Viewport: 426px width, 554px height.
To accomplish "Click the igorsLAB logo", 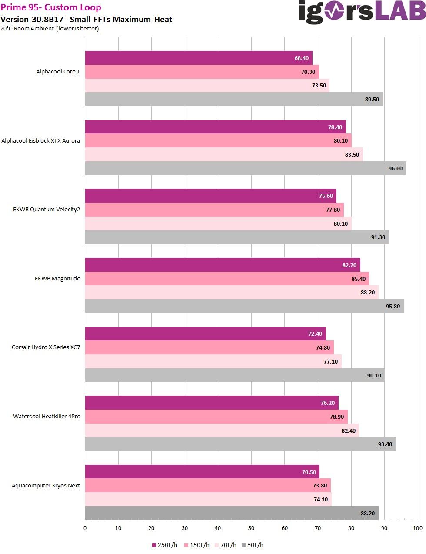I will pyautogui.click(x=362, y=12).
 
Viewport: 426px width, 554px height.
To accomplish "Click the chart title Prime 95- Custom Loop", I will pyautogui.click(x=51, y=7).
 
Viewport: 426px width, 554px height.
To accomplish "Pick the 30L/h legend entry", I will pyautogui.click(x=253, y=545).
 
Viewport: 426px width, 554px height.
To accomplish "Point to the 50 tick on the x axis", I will pyautogui.click(x=251, y=528).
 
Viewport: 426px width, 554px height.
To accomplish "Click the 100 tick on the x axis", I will pyautogui.click(x=417, y=528).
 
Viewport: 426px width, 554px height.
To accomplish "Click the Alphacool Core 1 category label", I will pyautogui.click(x=58, y=72).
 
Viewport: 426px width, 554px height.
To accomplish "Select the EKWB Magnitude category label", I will pyautogui.click(x=57, y=279).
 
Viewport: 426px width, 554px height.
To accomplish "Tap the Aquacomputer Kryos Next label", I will pyautogui.click(x=46, y=486).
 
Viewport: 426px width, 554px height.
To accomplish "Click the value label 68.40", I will pyautogui.click(x=301, y=58).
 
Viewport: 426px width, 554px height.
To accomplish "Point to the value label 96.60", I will pyautogui.click(x=395, y=169).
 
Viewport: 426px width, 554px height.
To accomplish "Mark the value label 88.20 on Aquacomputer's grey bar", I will pyautogui.click(x=367, y=513).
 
